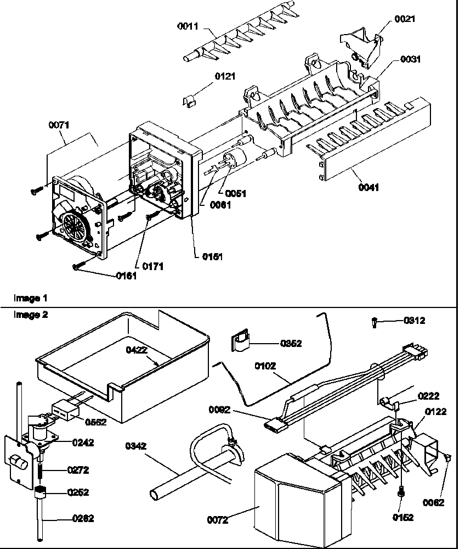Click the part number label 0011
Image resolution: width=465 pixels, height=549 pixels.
pos(189,26)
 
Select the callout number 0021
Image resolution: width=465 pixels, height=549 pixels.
pos(405,19)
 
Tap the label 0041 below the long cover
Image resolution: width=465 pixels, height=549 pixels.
pos(368,188)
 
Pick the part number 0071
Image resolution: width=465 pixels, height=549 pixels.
pos(59,126)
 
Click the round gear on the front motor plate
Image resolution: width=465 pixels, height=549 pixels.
pos(75,226)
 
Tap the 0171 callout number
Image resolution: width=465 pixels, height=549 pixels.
pos(152,266)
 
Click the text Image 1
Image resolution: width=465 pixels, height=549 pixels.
pos(30,299)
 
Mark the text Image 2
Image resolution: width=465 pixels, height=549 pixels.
pos(30,315)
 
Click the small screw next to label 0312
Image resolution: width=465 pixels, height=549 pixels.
pos(375,322)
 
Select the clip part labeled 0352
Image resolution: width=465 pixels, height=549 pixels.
pos(239,344)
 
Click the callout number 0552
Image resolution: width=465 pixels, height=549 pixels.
pos(95,422)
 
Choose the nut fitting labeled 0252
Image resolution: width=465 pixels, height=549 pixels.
pos(41,492)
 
